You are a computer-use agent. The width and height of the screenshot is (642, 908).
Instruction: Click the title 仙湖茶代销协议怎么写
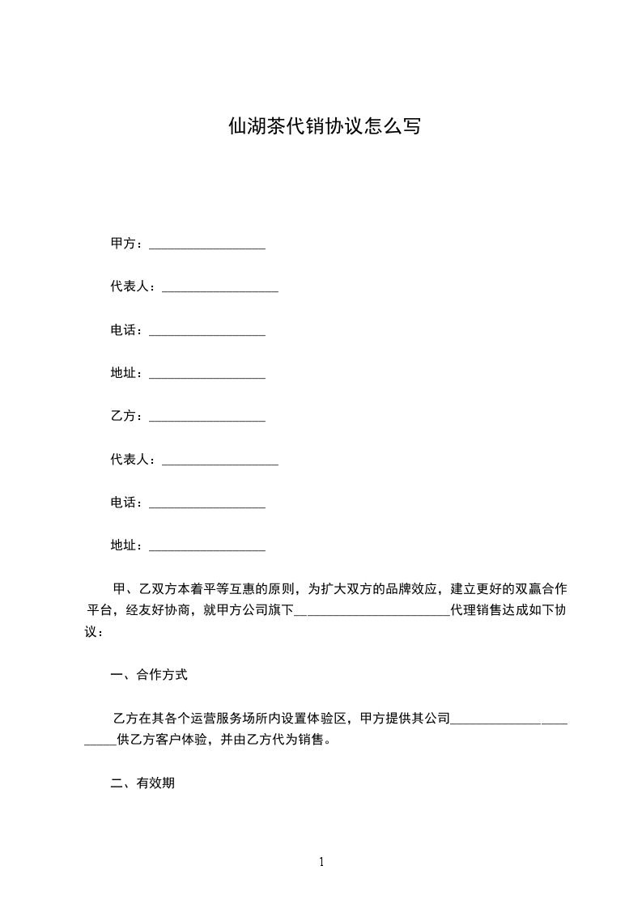pyautogui.click(x=324, y=127)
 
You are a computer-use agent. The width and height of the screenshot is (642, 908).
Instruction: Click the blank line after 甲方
pyautogui.click(x=208, y=247)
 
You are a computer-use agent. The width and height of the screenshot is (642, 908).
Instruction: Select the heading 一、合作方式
pyautogui.click(x=149, y=675)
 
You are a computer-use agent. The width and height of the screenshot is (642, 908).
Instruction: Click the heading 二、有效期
pyautogui.click(x=142, y=783)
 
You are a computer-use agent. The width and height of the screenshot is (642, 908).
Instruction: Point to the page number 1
pyautogui.click(x=321, y=862)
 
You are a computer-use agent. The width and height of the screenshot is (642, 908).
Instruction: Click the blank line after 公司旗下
pyautogui.click(x=371, y=613)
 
